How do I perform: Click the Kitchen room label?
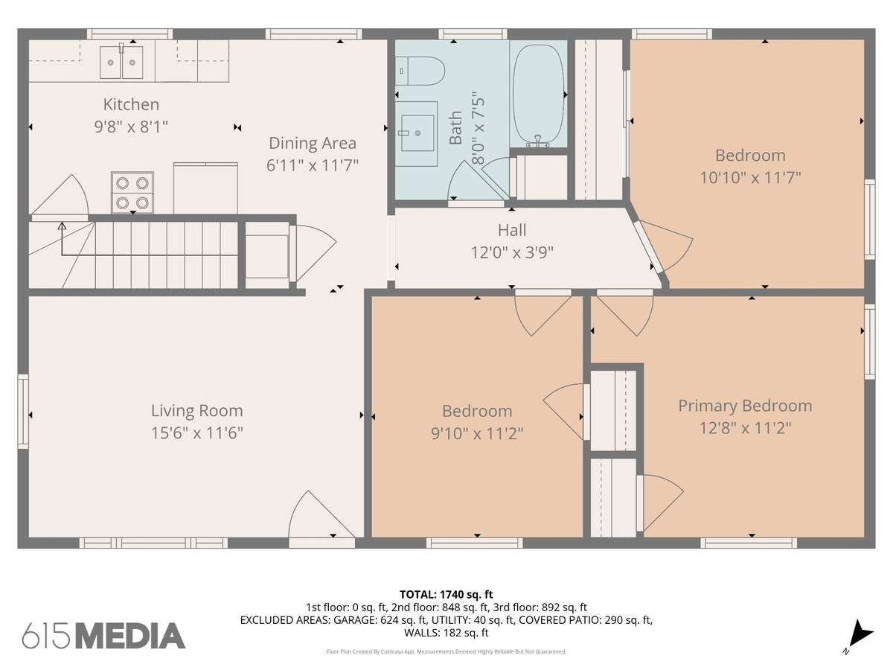[x=131, y=104]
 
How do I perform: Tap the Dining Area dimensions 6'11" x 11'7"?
[x=312, y=165]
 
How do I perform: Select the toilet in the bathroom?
[x=420, y=71]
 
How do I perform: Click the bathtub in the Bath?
[x=539, y=95]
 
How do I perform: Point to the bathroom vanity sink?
[x=417, y=133]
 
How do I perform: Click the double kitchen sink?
[x=121, y=63]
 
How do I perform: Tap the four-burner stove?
[x=132, y=192]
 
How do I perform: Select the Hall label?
[x=512, y=230]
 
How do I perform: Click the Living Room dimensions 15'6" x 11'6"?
[x=197, y=433]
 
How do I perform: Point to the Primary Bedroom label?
[x=745, y=406]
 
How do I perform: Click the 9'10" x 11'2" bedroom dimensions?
[x=477, y=433]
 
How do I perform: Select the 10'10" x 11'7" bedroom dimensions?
[x=750, y=178]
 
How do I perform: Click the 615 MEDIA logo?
[x=103, y=636]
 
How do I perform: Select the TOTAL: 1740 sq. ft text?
[x=446, y=595]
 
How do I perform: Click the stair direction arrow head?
[x=62, y=226]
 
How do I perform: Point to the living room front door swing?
[x=321, y=514]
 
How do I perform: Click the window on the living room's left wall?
[x=23, y=411]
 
